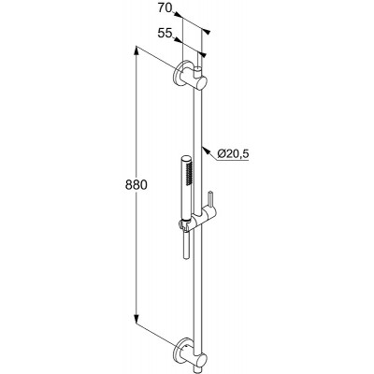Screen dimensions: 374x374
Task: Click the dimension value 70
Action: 165,8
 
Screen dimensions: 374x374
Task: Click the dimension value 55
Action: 165,33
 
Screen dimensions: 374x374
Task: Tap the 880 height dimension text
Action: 136,185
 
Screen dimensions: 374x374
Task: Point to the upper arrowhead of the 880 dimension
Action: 137,50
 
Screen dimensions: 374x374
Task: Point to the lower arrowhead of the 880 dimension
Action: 137,319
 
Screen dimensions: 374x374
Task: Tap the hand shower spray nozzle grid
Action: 188,173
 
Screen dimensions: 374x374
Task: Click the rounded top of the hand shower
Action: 185,159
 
